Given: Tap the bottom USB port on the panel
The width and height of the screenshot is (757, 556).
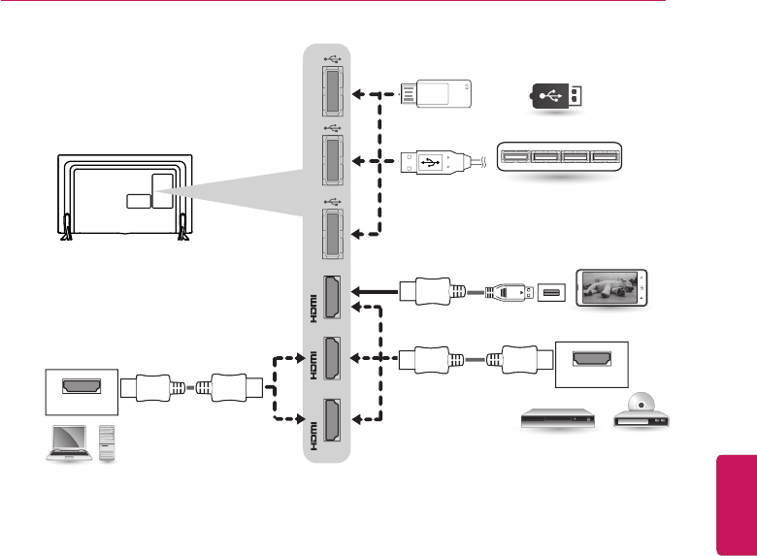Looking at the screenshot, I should pyautogui.click(x=329, y=233).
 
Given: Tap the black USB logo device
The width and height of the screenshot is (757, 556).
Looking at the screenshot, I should pyautogui.click(x=557, y=96).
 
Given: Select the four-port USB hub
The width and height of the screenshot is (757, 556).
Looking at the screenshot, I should pyautogui.click(x=557, y=158).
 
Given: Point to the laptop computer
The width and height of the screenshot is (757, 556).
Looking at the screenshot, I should pyautogui.click(x=68, y=442).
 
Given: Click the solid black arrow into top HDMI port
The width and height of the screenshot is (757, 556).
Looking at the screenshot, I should pyautogui.click(x=373, y=288).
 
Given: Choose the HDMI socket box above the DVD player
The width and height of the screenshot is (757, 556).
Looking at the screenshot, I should pyautogui.click(x=591, y=360).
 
